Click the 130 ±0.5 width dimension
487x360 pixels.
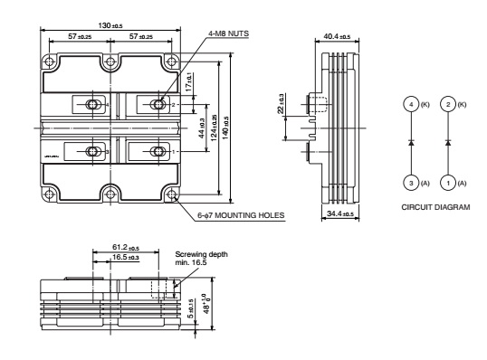tap(110, 25)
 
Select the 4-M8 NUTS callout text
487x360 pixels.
tap(228, 33)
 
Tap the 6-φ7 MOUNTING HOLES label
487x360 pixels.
tap(241, 215)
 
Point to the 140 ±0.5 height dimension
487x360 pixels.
tap(226, 128)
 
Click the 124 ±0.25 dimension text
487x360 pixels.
tap(214, 128)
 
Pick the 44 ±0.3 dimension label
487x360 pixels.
tap(202, 128)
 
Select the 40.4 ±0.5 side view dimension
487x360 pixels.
tap(337, 36)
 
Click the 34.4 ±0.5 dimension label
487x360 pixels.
tap(340, 213)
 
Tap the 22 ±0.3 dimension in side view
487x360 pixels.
tap(281, 103)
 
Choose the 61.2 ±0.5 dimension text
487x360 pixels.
tap(126, 247)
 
